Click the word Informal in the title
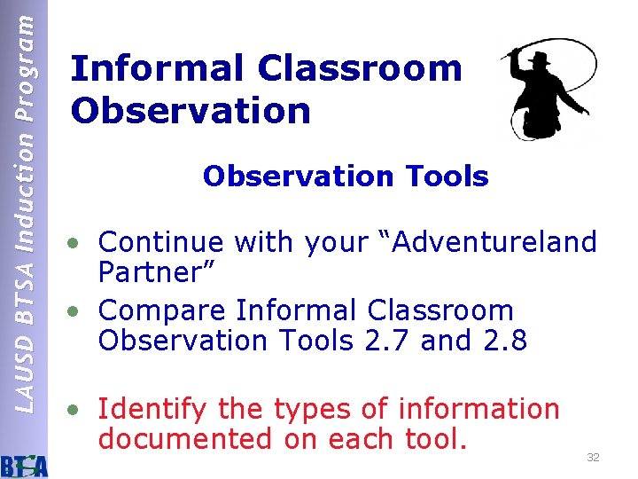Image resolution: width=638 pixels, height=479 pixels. (x=159, y=68)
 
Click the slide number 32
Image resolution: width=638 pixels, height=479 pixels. (x=593, y=458)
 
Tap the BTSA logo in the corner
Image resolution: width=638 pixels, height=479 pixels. (x=24, y=463)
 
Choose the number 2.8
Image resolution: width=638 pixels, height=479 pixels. (x=503, y=341)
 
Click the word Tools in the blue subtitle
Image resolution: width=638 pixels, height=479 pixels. (x=447, y=177)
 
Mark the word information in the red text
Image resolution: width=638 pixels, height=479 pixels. (x=479, y=409)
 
